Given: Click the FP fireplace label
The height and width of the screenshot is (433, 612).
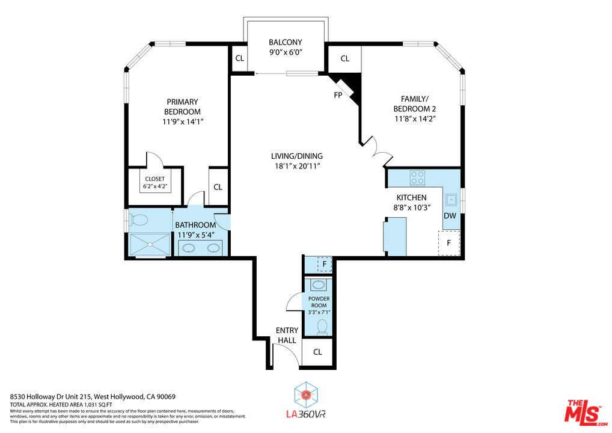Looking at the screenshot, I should [x=338, y=95].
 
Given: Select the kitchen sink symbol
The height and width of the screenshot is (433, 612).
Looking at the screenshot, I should [x=451, y=200].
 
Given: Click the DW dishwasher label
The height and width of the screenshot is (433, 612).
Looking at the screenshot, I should [x=450, y=216].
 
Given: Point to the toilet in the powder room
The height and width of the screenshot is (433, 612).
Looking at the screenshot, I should [x=322, y=327].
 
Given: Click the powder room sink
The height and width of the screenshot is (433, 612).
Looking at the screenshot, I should [x=319, y=284].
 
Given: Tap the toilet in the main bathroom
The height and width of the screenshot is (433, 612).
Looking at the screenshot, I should [x=139, y=219].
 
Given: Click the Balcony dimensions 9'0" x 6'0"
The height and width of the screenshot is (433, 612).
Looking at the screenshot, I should [x=285, y=52].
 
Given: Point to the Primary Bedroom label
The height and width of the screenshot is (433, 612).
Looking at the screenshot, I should [x=182, y=106].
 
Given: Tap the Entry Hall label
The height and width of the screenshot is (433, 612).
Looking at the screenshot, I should [x=287, y=335].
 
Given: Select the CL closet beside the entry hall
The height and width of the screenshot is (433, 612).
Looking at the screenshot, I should [x=317, y=352].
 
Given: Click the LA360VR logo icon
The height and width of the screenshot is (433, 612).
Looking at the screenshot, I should [x=307, y=395].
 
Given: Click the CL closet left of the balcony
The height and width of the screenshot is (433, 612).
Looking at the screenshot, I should [x=239, y=58].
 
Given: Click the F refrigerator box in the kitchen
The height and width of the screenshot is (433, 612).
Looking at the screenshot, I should [x=448, y=243].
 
